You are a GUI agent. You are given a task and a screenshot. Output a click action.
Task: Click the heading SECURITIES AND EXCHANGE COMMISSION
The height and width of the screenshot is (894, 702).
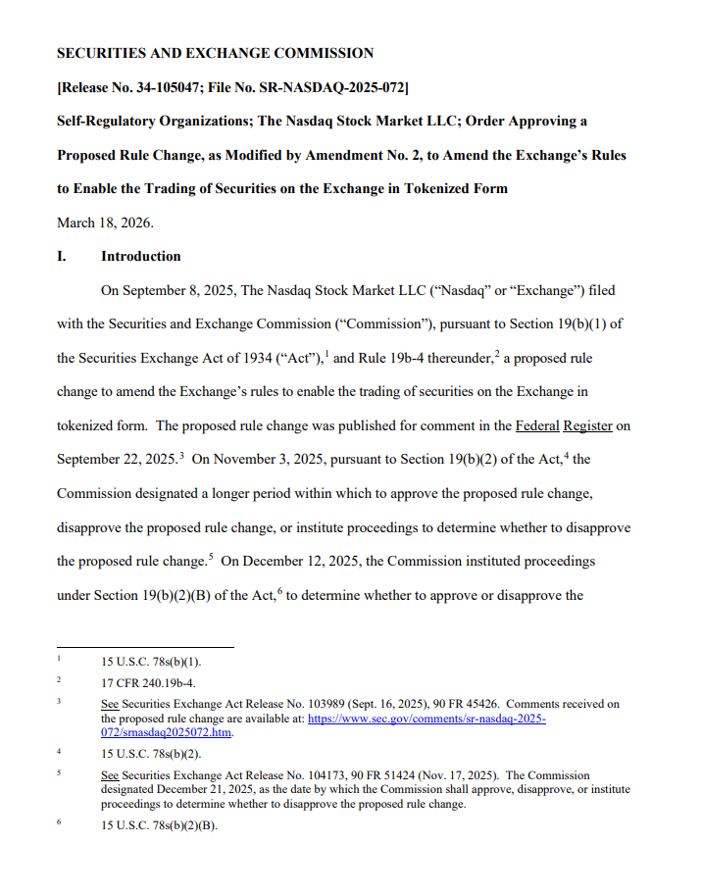coord(215,53)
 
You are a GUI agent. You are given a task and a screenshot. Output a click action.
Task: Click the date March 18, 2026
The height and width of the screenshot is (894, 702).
coord(105,223)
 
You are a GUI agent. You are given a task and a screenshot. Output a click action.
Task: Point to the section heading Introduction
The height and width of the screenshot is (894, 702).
coord(140,257)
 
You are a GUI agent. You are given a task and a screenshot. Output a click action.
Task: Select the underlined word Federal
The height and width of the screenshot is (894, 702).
coord(536,425)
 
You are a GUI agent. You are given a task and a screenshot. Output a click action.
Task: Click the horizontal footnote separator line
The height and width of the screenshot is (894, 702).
coord(145,647)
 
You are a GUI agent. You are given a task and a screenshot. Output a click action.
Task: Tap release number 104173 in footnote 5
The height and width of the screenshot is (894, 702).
coord(304,775)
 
